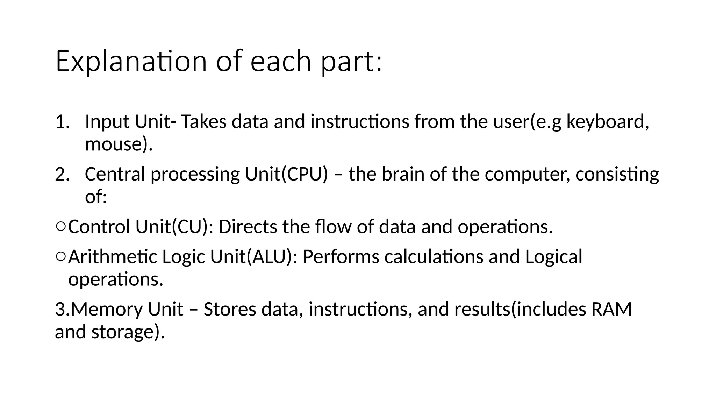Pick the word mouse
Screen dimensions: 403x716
(x=112, y=144)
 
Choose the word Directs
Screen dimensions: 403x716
(x=248, y=227)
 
